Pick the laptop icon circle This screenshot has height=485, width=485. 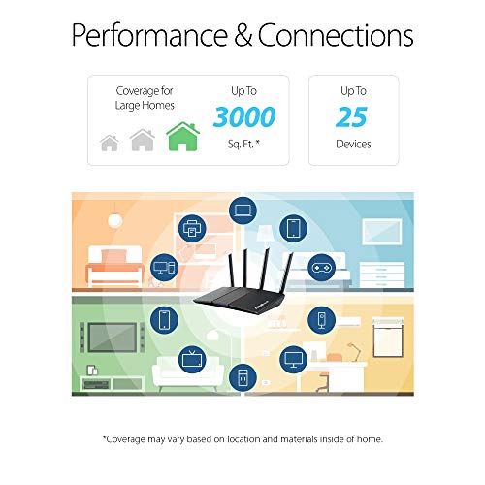coord(241,210)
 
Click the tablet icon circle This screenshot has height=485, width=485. coord(292,229)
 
